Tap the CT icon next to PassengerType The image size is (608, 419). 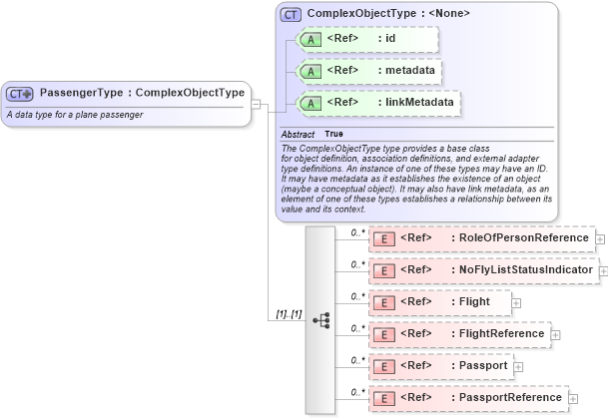20,94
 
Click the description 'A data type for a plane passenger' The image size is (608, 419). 75,115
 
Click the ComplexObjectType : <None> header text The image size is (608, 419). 387,14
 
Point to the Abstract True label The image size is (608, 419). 312,134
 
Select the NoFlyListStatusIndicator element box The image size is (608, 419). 483,269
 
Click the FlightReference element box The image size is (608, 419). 460,333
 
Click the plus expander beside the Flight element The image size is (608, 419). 516,300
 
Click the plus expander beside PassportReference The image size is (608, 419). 573,398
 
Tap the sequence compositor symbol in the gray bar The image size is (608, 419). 320,320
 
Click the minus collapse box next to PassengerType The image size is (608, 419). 257,102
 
